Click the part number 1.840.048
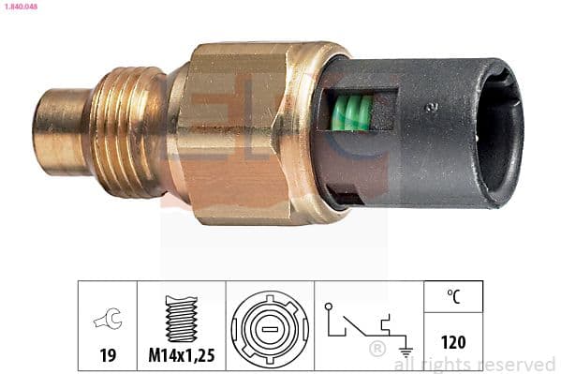tap(21, 6)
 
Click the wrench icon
tap(107, 322)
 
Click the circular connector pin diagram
tap(270, 331)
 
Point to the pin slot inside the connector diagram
tap(270, 331)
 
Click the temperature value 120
tap(453, 345)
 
